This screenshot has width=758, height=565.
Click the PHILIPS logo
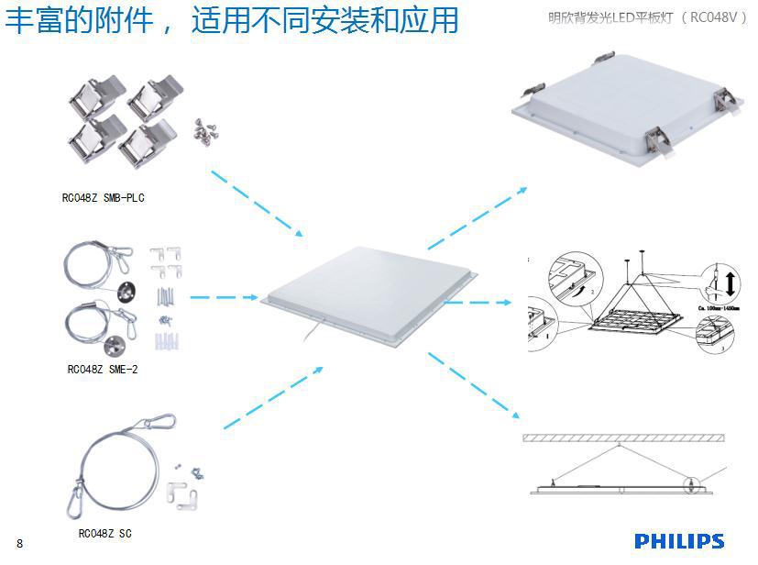[x=678, y=541]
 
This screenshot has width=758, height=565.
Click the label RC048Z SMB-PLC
[x=104, y=197]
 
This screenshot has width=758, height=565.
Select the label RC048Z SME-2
[x=102, y=369]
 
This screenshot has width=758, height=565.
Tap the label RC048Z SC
[x=104, y=533]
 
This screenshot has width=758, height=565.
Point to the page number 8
[x=19, y=543]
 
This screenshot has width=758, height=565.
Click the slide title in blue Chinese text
[x=231, y=20]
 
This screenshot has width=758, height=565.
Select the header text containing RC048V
[x=647, y=17]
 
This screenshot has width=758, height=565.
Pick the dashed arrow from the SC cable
[x=272, y=397]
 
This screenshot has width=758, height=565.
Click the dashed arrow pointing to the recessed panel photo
[x=477, y=217]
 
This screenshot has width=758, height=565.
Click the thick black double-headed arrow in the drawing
[x=730, y=279]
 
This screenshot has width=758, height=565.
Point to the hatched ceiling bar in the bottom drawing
[x=623, y=438]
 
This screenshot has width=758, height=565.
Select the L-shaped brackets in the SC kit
[x=184, y=498]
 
